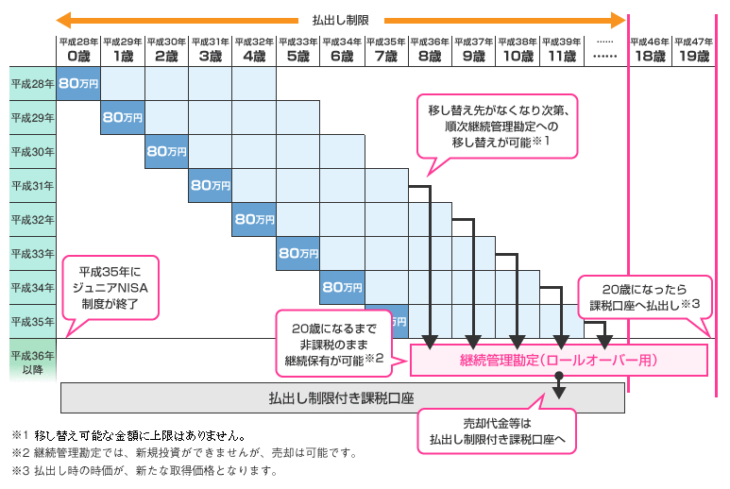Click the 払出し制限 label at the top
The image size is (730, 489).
pyautogui.click(x=340, y=21)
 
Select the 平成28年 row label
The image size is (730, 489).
pyautogui.click(x=33, y=84)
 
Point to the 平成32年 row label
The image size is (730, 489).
pyautogui.click(x=33, y=220)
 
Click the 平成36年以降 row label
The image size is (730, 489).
pyautogui.click(x=33, y=362)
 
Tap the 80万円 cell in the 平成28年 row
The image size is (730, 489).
pyautogui.click(x=78, y=84)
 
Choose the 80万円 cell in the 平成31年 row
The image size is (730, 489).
pyautogui.click(x=210, y=186)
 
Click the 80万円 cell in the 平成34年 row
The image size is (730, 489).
pyautogui.click(x=342, y=288)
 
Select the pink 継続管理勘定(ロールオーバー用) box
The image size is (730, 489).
pyautogui.click(x=558, y=360)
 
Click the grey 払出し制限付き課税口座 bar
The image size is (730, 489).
pyautogui.click(x=342, y=397)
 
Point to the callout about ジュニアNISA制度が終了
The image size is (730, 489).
pyautogui.click(x=110, y=289)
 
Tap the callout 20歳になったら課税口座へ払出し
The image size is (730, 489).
pyautogui.click(x=645, y=297)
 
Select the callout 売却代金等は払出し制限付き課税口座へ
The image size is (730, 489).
pyautogui.click(x=497, y=430)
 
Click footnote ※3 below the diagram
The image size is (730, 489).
pyautogui.click(x=144, y=471)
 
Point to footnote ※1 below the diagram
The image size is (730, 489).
pyautogui.click(x=128, y=436)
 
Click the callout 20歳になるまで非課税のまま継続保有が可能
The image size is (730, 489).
pyautogui.click(x=333, y=345)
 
